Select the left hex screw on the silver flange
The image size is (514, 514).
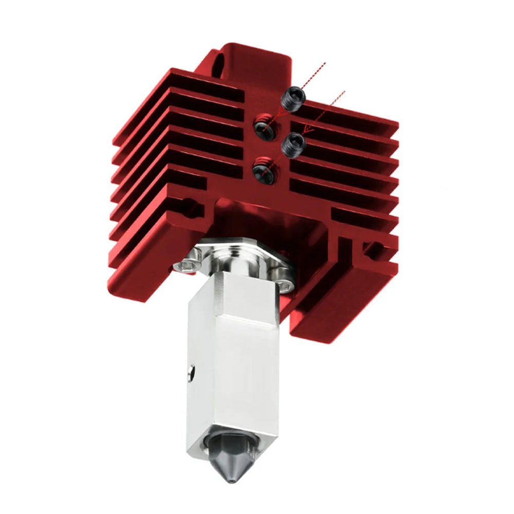point(186,265)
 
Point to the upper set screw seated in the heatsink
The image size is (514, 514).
point(264,125)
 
